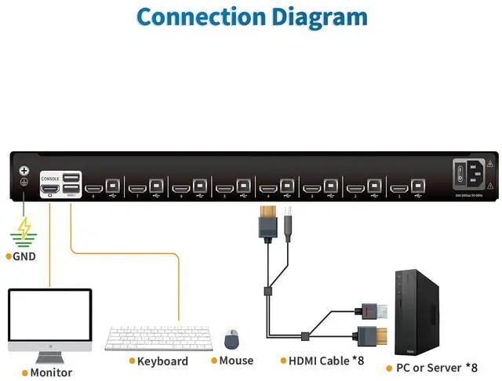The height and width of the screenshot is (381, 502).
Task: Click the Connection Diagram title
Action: [251, 16]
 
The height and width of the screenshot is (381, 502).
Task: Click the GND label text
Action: [24, 256]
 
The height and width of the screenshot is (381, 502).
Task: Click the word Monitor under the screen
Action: [51, 372]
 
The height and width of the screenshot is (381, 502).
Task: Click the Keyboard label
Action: [162, 361]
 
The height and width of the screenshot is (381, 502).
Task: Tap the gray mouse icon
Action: [231, 339]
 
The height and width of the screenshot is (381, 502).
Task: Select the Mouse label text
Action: [236, 361]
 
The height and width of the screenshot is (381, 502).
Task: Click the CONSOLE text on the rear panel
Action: [49, 178]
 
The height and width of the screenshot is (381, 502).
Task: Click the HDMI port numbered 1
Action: [398, 188]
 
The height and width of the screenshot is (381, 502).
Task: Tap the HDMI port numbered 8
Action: [93, 188]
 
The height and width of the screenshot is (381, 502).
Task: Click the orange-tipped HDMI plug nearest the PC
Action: [369, 334]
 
